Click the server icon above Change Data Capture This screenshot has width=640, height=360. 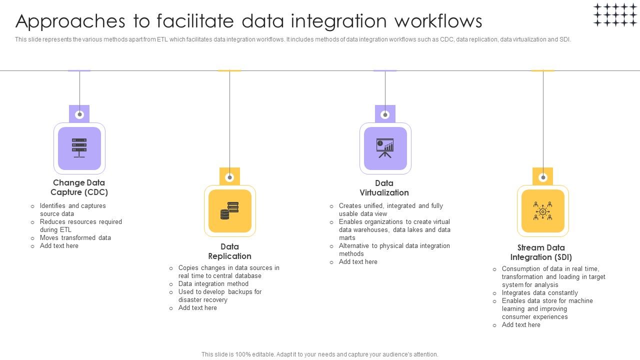click(79, 148)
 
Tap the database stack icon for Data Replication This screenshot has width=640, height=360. click(229, 210)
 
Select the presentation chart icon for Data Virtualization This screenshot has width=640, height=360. click(385, 148)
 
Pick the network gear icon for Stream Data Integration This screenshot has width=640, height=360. click(542, 210)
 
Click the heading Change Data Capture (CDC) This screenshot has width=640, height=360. click(79, 187)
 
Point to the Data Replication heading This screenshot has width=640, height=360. click(229, 251)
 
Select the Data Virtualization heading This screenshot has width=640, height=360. click(384, 188)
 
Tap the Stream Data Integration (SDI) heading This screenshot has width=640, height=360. click(541, 252)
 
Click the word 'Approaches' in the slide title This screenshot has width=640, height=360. click(64, 21)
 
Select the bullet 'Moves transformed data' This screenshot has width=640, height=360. click(75, 238)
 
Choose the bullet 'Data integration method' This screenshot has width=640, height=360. click(213, 284)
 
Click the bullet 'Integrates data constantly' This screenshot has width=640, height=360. click(539, 293)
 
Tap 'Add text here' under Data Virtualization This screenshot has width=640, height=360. click(358, 262)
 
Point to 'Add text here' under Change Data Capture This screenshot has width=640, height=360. click(59, 246)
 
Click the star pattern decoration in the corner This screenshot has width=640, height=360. click(615, 14)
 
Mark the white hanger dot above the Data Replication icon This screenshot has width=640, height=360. click(229, 177)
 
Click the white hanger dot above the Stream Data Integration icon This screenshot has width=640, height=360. click(543, 177)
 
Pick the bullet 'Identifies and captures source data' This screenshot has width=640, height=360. click(72, 210)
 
